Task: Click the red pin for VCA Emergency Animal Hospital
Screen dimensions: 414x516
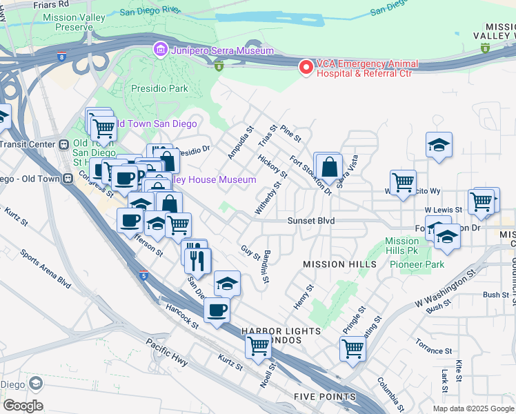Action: coord(305,66)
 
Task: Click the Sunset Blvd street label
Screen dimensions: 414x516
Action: coord(311,221)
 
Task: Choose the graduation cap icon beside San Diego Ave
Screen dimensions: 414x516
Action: coord(227,284)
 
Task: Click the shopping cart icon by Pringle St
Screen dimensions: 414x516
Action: coord(352,348)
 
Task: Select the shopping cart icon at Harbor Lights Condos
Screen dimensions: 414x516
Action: coord(258,345)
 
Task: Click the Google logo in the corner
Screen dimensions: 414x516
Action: coord(23,406)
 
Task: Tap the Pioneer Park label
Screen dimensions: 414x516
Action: coord(417,264)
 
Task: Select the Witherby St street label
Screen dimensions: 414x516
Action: coord(270,198)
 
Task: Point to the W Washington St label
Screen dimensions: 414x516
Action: coord(445,293)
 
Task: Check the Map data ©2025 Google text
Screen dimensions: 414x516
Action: coord(473,408)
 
